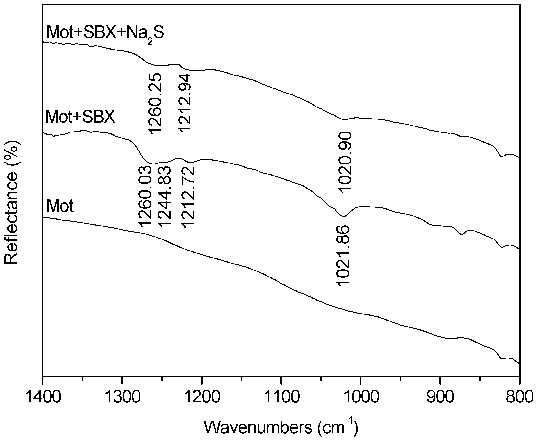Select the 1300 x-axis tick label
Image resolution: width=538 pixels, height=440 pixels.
click(122, 397)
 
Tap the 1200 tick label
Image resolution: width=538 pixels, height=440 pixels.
click(202, 397)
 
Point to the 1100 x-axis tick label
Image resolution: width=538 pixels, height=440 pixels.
click(281, 397)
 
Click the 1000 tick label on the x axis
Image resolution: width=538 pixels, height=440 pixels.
click(361, 397)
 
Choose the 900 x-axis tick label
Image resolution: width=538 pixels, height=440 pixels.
click(440, 397)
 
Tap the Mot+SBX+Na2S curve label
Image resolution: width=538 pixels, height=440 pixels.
click(105, 33)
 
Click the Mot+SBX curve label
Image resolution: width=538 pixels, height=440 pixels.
click(80, 117)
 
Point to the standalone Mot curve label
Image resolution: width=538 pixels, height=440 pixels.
click(60, 206)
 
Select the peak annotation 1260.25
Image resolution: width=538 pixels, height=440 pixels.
click(154, 103)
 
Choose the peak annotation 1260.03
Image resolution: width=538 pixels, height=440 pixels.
click(145, 196)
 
